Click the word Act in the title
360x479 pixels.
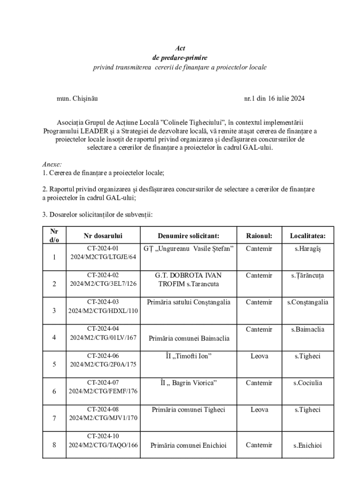coord(180,48)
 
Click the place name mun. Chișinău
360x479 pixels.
coord(77,99)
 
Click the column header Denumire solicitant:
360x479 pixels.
coord(188,236)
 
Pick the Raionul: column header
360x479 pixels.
coord(259,236)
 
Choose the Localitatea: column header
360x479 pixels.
coord(308,236)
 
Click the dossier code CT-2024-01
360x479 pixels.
coord(103,248)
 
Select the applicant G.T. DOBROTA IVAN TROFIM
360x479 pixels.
coord(188,280)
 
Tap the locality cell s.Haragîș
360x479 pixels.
coord(308,248)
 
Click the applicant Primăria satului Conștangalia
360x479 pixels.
coord(188,302)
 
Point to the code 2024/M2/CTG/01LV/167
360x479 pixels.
coord(103,337)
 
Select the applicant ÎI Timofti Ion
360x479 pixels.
coord(188,356)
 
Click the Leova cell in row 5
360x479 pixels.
coord(259,356)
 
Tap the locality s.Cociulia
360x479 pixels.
coord(308,383)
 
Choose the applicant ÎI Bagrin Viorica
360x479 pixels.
coord(188,383)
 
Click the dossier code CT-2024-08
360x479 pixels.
coord(103,409)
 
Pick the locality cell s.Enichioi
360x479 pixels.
coord(308,445)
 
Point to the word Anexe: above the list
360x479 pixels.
coord(52,165)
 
